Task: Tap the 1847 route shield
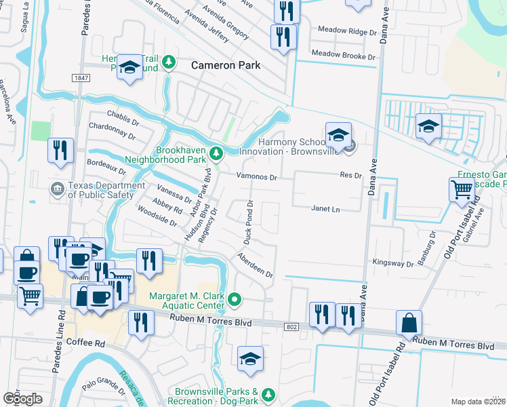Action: point(81,79)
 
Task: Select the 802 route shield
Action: point(291,327)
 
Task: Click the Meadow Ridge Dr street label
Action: point(347,32)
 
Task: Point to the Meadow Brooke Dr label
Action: point(343,56)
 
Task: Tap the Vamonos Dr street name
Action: point(257,177)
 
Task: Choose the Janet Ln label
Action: point(325,210)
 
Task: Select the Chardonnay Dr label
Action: point(114,127)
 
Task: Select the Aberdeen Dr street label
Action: point(255,266)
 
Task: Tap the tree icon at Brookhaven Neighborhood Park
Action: point(216,153)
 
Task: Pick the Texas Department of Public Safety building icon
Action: point(56,188)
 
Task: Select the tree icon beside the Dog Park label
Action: point(268,394)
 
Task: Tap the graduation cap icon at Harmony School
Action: point(338,135)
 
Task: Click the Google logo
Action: point(22,398)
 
